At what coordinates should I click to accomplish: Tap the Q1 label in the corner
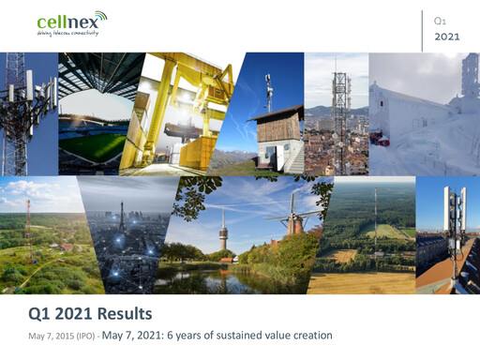pyautogui.click(x=440, y=21)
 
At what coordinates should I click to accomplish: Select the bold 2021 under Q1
pyautogui.click(x=447, y=37)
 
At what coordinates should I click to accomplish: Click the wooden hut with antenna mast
pyautogui.click(x=275, y=136)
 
